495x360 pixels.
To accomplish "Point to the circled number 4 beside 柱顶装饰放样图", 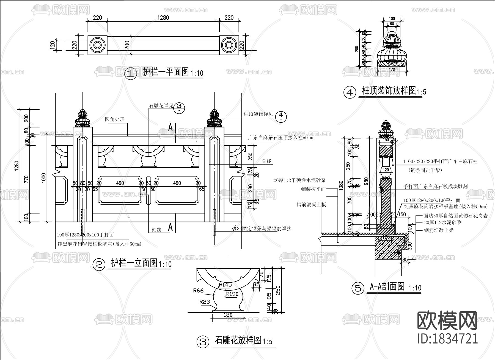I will pos(350,92).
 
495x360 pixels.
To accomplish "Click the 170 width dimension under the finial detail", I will pos(392,69).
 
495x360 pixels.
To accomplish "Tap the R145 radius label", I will pos(226,285).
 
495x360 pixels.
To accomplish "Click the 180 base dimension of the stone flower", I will pos(228,315).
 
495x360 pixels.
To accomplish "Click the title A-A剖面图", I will pos(387,287).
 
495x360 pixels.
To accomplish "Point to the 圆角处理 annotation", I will pos(115,119).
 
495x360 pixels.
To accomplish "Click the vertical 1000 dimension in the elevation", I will pos(43,178).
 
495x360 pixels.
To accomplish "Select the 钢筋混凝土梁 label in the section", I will pos(439,230).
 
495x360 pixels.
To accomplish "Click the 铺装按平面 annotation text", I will pos(313,189).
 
